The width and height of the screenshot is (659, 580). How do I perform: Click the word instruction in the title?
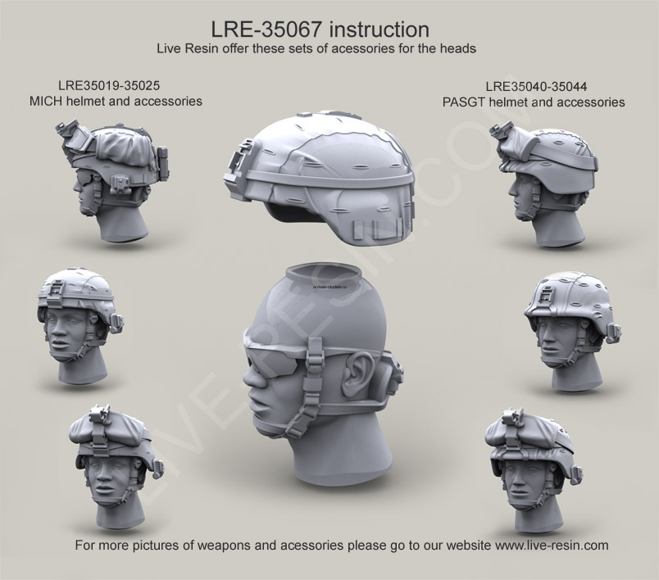tap(374, 29)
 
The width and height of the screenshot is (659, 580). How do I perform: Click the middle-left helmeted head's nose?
tap(56, 331)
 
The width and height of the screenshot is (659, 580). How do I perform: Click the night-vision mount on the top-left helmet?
tap(66, 134)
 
